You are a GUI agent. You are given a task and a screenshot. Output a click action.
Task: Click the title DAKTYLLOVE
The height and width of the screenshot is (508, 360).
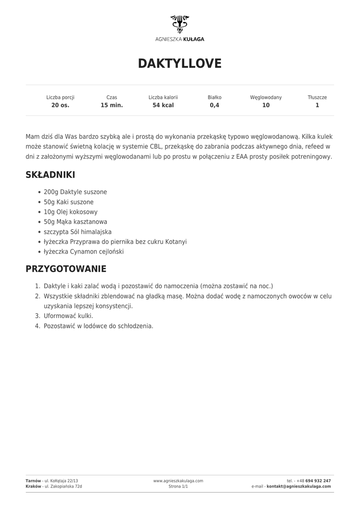click(x=180, y=63)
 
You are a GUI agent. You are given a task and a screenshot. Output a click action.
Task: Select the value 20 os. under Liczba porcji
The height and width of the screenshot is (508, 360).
click(x=60, y=105)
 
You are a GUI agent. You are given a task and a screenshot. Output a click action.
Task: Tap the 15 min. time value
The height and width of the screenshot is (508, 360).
click(x=112, y=105)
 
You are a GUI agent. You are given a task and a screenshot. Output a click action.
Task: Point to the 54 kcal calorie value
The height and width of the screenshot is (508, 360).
click(x=163, y=105)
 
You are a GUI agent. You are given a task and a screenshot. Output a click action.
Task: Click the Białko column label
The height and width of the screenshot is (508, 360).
click(x=215, y=97)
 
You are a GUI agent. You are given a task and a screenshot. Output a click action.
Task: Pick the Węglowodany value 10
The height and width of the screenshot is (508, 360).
click(x=266, y=105)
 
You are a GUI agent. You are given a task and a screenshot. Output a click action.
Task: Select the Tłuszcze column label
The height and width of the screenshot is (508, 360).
click(x=317, y=97)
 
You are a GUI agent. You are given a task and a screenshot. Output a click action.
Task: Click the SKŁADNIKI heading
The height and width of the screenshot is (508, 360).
click(x=50, y=175)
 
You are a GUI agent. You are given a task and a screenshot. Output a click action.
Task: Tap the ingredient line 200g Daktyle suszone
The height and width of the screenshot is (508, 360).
click(x=75, y=192)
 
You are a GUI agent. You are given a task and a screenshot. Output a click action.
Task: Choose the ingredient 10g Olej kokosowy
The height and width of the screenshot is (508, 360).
click(x=71, y=212)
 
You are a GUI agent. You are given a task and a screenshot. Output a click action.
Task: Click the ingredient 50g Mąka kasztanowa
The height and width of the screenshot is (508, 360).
click(x=75, y=222)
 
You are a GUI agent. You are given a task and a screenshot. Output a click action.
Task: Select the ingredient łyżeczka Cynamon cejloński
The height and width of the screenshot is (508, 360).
click(x=83, y=252)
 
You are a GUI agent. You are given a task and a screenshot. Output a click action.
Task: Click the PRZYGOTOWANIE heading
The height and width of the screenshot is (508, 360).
click(x=66, y=269)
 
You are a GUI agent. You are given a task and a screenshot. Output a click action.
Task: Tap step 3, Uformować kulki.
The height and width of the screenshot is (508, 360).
click(x=68, y=316)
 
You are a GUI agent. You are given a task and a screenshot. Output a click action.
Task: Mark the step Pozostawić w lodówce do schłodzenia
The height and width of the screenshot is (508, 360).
click(x=98, y=326)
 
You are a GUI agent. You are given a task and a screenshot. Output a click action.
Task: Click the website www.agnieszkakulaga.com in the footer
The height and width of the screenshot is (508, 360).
click(x=178, y=481)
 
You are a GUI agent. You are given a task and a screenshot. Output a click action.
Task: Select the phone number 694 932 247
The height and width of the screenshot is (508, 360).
click(x=318, y=481)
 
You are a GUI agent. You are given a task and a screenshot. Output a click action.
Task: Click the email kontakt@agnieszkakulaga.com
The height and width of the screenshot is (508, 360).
click(x=299, y=487)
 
